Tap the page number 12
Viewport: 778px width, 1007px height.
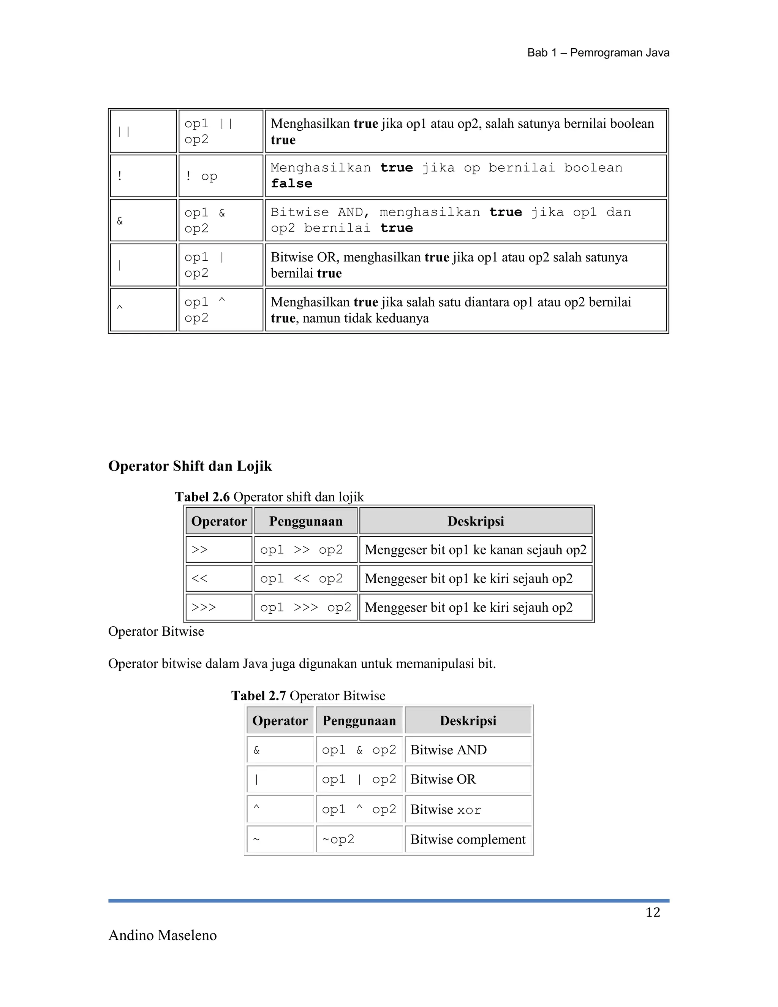tap(653, 912)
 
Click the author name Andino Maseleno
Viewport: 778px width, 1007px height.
tap(162, 935)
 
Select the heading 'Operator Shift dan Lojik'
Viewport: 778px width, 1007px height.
tap(190, 466)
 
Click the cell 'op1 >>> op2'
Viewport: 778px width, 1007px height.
tap(305, 607)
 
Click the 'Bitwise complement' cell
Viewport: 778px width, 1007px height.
tap(467, 839)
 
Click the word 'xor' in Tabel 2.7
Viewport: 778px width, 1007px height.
tap(469, 810)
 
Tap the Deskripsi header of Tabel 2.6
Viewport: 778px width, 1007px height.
tap(475, 521)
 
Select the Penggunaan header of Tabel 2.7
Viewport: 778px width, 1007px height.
tap(359, 720)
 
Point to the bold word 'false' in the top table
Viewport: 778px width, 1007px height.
tap(291, 184)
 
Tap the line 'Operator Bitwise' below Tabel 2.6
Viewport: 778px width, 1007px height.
tap(156, 631)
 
